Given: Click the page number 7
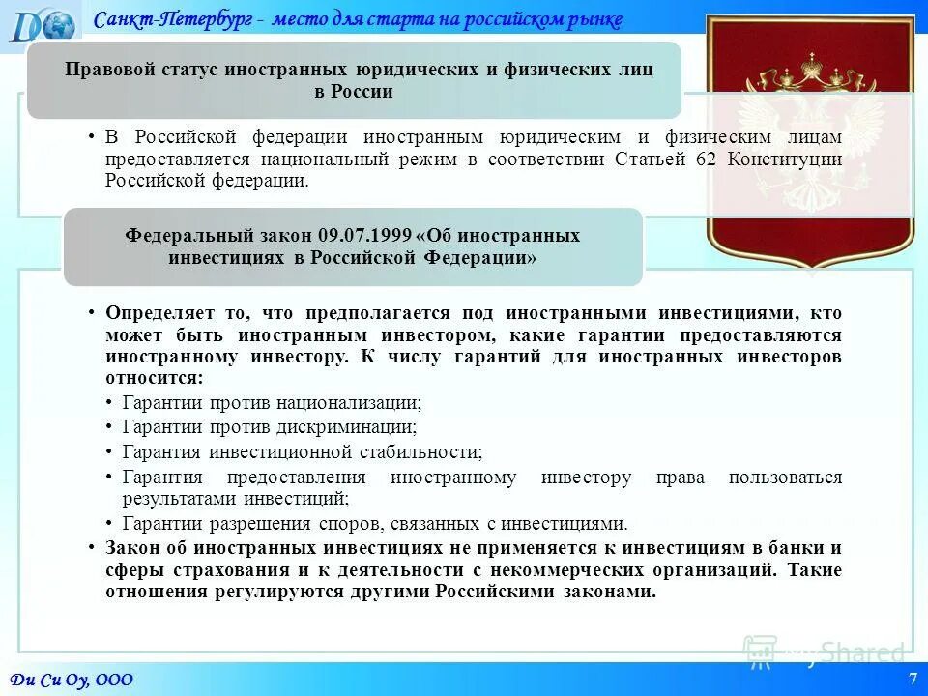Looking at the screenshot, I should pos(913,679).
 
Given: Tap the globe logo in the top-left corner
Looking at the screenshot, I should pos(43,23).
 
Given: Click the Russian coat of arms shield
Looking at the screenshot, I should pos(810,140).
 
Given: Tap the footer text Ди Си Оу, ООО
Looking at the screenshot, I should pos(72,680).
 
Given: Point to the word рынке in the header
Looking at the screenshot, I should pos(594,19).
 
